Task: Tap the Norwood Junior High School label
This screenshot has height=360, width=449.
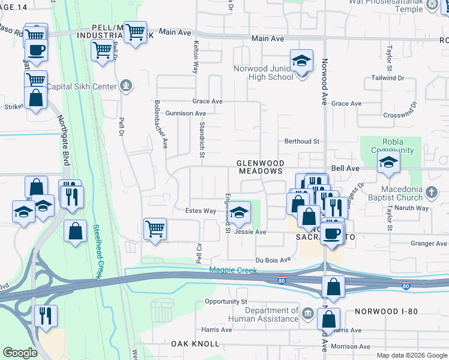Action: [264, 73]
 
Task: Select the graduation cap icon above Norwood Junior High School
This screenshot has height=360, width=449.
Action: [301, 61]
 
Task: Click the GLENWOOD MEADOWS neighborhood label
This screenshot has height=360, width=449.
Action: [259, 167]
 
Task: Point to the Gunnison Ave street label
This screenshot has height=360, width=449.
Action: [186, 113]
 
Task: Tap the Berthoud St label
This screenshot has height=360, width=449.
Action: [302, 141]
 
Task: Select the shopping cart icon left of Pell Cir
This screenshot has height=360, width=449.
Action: [155, 229]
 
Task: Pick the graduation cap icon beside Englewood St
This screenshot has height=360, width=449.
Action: [239, 212]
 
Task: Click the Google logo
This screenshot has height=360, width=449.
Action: [20, 353]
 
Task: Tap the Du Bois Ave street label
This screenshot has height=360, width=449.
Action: [273, 260]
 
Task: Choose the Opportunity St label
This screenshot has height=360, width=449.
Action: [226, 301]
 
